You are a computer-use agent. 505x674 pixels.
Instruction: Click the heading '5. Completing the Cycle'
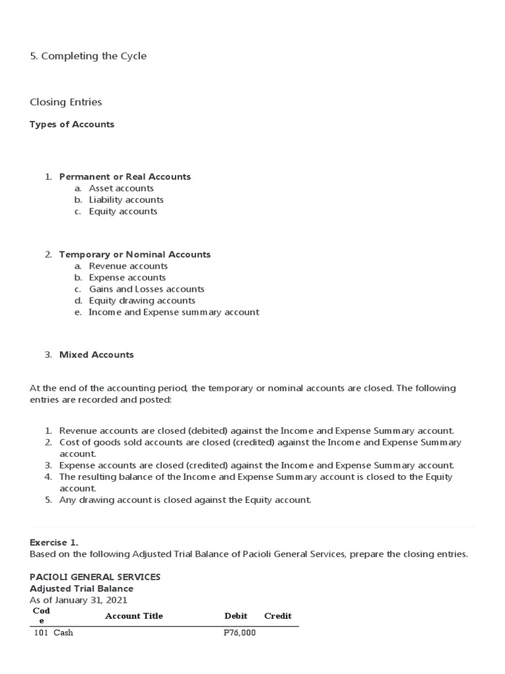[x=88, y=56]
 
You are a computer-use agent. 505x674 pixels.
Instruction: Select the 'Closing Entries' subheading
[x=66, y=102]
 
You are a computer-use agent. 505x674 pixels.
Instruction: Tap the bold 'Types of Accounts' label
[x=72, y=124]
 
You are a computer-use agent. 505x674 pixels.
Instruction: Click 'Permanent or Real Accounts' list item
[x=125, y=176]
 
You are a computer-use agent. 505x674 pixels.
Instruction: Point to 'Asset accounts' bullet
[x=121, y=188]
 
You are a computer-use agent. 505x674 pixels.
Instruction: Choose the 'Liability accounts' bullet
[x=126, y=199]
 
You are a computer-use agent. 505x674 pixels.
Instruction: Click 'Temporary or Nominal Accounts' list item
[x=135, y=254]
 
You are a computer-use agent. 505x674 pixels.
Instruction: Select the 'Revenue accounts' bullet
[x=128, y=266]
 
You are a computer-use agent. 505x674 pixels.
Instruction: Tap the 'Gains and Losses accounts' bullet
[x=147, y=289]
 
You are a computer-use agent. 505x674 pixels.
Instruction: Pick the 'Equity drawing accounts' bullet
[x=142, y=301]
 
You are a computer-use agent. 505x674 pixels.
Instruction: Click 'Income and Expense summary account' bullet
[x=174, y=312]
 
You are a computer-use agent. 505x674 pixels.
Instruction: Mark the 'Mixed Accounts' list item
[x=96, y=355]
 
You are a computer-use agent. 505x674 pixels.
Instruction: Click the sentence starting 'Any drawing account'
[x=185, y=500]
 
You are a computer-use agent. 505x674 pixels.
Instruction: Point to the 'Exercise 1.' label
[x=54, y=542]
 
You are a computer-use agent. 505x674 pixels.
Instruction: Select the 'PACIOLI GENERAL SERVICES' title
[x=95, y=577]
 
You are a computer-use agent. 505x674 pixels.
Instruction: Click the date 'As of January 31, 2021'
[x=78, y=600]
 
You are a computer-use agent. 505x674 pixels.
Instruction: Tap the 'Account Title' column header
[x=133, y=616]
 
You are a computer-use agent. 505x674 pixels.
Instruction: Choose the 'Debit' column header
[x=235, y=616]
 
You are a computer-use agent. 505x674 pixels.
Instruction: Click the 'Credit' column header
[x=277, y=616]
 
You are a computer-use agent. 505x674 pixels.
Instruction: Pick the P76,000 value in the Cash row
[x=239, y=633]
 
